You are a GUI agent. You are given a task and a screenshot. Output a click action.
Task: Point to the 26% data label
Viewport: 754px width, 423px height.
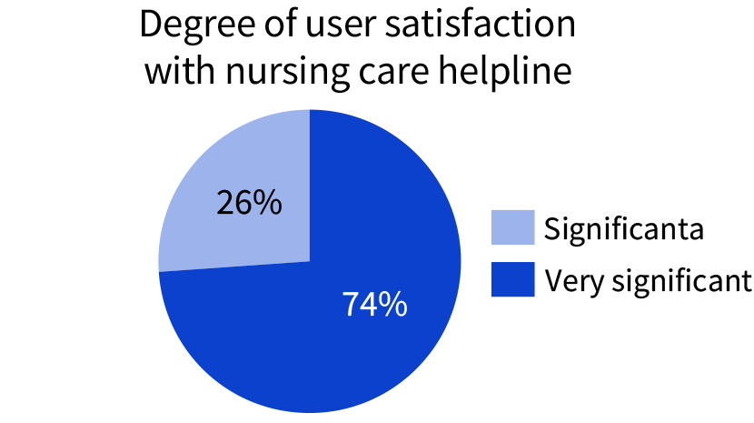(x=248, y=203)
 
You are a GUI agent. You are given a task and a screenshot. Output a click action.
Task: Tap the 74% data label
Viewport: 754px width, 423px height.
(x=374, y=305)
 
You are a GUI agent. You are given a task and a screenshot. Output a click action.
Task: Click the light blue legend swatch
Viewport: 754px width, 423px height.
(x=511, y=227)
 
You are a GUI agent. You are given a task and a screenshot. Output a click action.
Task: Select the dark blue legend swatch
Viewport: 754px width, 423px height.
(x=511, y=279)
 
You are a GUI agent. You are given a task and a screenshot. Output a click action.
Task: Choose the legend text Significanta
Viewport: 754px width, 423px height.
(x=623, y=228)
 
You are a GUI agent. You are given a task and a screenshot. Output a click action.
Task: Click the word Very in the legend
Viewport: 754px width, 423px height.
(x=570, y=280)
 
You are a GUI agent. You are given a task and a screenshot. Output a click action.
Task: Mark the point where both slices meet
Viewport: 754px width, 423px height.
(x=310, y=261)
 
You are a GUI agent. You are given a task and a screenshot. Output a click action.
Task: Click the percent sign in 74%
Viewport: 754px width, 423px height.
(x=393, y=305)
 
